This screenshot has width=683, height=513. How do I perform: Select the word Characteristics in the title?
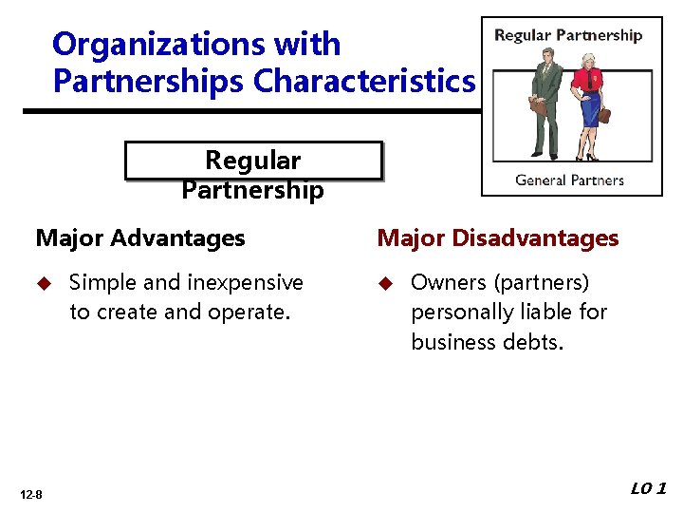pos(363,82)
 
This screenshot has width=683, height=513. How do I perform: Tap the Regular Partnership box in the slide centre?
pos(252,161)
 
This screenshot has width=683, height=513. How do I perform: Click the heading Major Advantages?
pos(140,238)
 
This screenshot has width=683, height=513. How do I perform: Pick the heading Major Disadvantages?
pos(498,238)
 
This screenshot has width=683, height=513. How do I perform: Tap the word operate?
pos(248,312)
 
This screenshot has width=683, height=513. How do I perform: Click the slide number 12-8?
pos(31,494)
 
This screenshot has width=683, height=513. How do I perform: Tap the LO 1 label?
pos(649,488)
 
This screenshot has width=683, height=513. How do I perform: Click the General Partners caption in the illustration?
pos(569,180)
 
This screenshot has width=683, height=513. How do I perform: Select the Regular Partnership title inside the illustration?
pos(568,36)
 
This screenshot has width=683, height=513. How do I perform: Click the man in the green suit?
pos(545,100)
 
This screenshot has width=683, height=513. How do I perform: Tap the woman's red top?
pos(590,78)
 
